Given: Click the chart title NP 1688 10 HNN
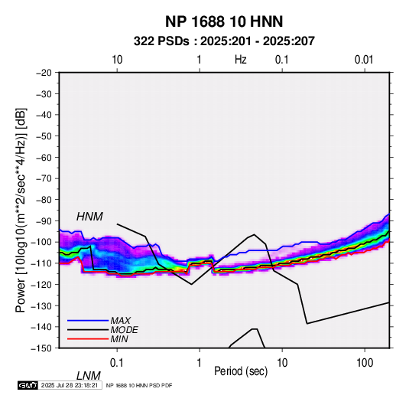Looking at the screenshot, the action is click(x=224, y=21).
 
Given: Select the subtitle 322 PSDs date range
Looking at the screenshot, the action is click(x=224, y=41).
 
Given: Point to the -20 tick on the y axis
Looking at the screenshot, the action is click(x=44, y=73).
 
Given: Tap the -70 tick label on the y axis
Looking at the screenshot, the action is click(x=44, y=178).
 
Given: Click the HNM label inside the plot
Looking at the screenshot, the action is click(x=89, y=217).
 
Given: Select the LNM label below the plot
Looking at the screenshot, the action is click(x=89, y=376).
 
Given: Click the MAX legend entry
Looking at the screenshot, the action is click(x=120, y=320).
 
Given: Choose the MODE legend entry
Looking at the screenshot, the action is click(x=124, y=330).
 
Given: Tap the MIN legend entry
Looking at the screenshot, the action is click(x=119, y=339).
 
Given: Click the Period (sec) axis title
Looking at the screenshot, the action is click(x=241, y=371).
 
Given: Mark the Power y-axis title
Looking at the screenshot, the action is click(x=21, y=210).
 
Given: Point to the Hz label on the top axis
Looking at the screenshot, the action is click(x=241, y=60).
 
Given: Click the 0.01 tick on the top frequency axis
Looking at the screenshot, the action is click(x=364, y=60).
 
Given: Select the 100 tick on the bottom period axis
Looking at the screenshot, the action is click(x=365, y=363).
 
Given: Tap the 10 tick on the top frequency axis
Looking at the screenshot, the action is click(x=117, y=60).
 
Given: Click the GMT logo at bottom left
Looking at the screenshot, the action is click(x=28, y=385).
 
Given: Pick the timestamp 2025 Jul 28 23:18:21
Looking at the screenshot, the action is click(x=70, y=385).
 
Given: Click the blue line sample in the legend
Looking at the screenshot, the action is click(x=88, y=320).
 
